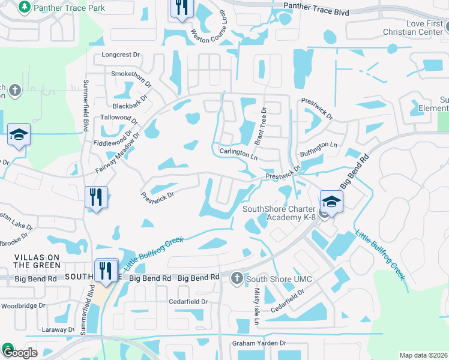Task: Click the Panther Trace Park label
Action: pos(70,8)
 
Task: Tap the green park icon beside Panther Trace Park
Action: pos(25,7)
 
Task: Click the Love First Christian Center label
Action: pos(415,27)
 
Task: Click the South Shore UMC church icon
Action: pos(237,278)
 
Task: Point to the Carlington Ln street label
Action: pos(238,154)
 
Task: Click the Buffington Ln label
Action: pos(319,149)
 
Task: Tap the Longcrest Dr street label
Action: pos(121,55)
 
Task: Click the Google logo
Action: pos(20,352)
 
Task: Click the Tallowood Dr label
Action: pos(119,118)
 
